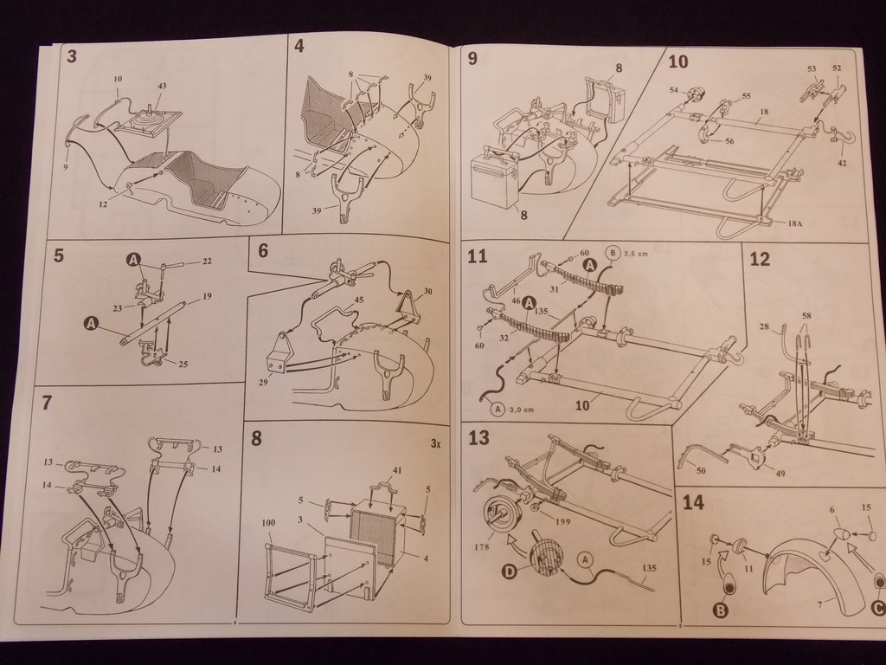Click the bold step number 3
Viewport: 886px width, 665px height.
point(71,57)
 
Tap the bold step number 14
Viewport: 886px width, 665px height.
point(692,502)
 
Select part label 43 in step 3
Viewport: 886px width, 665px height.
point(162,86)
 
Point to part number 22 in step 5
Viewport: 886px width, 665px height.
point(207,261)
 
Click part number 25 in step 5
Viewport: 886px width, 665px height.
point(183,364)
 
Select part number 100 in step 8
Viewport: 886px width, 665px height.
point(268,524)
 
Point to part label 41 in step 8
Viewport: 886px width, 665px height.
point(397,470)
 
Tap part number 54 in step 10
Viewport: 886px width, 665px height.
point(673,89)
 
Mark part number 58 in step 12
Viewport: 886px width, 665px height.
point(806,316)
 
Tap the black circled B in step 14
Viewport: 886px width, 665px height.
point(720,610)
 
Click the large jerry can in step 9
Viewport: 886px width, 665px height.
point(492,183)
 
